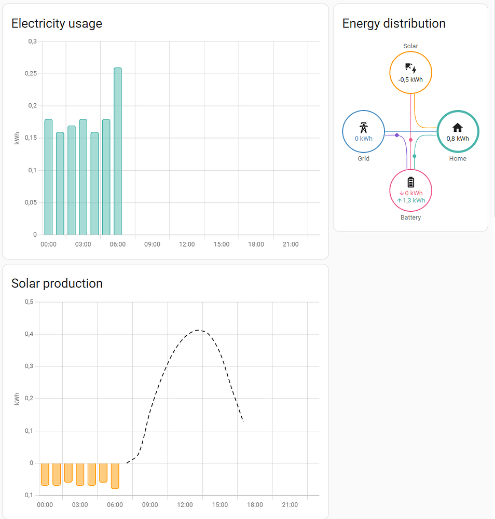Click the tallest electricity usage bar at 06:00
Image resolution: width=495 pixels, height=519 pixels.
coord(118,151)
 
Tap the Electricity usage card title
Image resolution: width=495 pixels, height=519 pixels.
coord(57,23)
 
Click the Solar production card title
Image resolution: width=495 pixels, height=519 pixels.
coord(57,283)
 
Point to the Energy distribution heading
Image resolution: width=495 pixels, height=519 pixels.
coord(394,23)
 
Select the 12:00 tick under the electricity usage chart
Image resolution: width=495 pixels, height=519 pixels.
coord(187,244)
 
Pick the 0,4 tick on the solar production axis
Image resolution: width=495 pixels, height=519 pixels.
coord(29,334)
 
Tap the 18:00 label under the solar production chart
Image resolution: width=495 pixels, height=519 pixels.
coord(255,505)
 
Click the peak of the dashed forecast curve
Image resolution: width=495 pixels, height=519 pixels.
coord(199,330)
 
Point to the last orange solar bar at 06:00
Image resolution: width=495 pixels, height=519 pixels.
coord(115,476)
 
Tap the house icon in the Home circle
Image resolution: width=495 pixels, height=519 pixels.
coord(458,128)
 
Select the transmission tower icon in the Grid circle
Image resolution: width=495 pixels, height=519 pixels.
coord(364,128)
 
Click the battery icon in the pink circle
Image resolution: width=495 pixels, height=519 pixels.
coord(411,182)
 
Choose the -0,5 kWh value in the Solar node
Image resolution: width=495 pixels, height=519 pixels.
coord(410,80)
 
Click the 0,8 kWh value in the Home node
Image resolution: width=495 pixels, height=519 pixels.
coord(458,139)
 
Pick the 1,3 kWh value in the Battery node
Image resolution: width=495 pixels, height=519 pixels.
coord(414,200)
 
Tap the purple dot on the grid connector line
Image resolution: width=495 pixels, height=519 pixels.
coord(397,135)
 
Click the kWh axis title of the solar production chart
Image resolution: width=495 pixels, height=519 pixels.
coord(17,399)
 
